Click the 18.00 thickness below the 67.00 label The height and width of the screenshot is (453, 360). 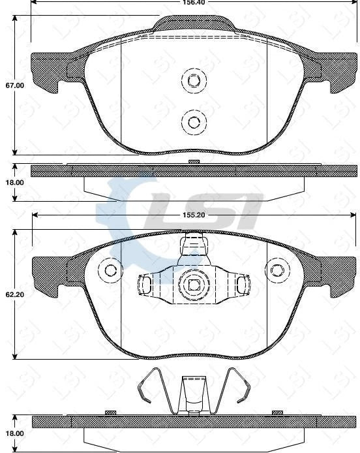pos(14,183)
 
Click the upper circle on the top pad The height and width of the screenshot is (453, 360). pos(193,80)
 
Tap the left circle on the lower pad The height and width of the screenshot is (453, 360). pos(110,270)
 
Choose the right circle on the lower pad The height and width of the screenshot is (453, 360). pos(277,270)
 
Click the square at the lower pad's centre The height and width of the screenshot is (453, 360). pos(193,285)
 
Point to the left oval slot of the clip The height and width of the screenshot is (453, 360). pos(145,284)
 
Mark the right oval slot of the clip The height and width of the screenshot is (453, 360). pos(242,284)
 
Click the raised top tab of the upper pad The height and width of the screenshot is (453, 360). pos(194,23)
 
